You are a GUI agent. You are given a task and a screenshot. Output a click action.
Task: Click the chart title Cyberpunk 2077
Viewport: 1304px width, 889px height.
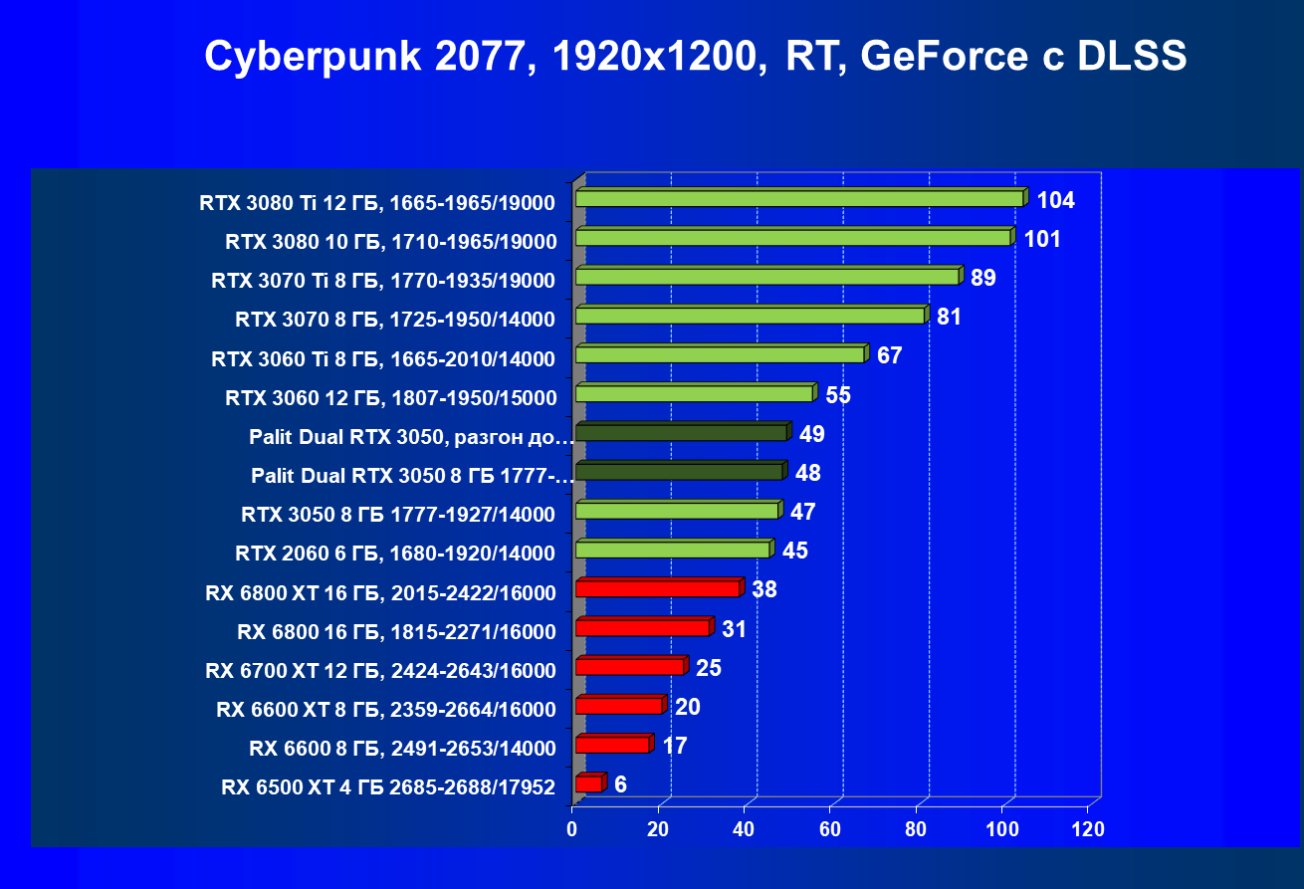point(695,57)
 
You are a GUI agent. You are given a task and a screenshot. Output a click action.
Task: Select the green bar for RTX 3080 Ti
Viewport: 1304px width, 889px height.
point(799,199)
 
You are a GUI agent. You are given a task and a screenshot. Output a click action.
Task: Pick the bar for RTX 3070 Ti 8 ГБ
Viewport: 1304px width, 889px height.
point(766,277)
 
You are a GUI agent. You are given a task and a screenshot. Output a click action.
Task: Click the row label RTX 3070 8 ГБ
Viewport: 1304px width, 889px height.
point(395,321)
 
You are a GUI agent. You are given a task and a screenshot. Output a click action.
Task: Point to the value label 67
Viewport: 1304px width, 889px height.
point(889,355)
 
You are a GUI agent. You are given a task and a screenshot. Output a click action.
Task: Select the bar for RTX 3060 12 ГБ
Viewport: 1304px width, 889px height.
point(694,394)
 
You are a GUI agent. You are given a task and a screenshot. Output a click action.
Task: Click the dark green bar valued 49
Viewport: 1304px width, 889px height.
point(681,433)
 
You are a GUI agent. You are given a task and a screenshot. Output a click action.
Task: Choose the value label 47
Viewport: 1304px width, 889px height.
point(802,512)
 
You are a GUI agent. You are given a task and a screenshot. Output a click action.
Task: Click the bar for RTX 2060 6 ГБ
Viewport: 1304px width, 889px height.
point(672,551)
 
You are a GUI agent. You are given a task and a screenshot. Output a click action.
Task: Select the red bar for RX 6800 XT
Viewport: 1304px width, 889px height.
point(657,589)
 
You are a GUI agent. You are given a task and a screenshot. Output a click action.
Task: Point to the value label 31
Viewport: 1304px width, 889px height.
point(735,629)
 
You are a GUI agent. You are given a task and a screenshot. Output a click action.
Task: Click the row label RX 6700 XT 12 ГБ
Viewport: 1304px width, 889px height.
point(380,671)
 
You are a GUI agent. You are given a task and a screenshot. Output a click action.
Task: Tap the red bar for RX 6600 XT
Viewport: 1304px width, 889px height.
point(618,706)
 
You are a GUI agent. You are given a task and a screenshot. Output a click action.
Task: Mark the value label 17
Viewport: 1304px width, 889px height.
point(674,746)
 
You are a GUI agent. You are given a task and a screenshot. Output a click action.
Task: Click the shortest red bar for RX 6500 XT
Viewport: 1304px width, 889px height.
point(588,784)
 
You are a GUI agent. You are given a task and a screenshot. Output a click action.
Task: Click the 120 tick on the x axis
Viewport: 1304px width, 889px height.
point(1087,829)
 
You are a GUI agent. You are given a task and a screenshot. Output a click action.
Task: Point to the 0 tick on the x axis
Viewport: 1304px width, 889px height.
point(572,829)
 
